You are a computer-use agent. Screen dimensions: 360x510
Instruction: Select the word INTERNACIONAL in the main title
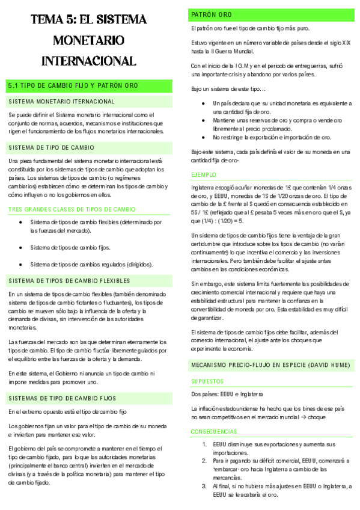(89, 61)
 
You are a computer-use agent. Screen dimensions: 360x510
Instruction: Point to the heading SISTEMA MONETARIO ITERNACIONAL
(62, 101)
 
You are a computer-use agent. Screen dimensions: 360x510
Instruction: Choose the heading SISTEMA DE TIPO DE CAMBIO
(51, 147)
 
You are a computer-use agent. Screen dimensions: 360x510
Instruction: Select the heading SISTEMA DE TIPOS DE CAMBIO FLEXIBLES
(70, 281)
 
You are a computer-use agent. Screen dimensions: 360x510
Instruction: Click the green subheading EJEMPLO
(203, 174)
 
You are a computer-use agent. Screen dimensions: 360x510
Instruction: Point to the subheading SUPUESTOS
(207, 381)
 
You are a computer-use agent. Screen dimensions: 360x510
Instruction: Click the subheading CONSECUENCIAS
(214, 432)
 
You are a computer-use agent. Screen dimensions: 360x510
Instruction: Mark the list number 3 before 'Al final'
(204, 486)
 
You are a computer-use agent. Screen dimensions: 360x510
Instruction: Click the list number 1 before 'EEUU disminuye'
(204, 444)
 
